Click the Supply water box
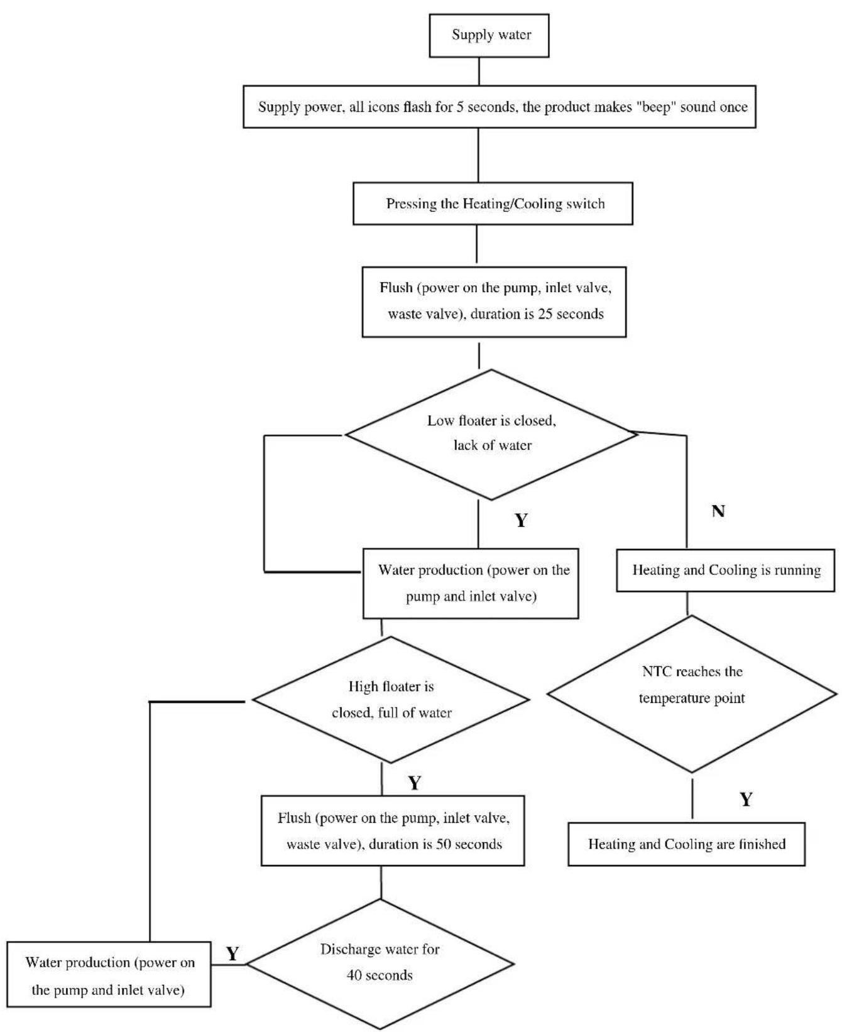tap(489, 36)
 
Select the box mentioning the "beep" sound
tap(500, 107)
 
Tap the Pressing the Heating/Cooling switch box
tap(493, 204)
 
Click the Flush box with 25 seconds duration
tap(494, 302)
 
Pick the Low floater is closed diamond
tap(491, 434)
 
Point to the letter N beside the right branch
tap(718, 511)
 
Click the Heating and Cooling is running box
tap(726, 570)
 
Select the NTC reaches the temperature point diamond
tap(692, 693)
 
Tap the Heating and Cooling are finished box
tap(687, 844)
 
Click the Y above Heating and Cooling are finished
tap(746, 800)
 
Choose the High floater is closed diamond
tap(391, 700)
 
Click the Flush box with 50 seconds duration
tap(393, 830)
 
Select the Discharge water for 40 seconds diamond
tap(380, 964)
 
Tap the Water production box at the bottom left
tap(109, 975)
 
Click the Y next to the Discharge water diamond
tap(232, 954)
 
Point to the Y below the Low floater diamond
tap(521, 521)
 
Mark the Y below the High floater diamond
tap(415, 783)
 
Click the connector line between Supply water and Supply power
tap(479, 72)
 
